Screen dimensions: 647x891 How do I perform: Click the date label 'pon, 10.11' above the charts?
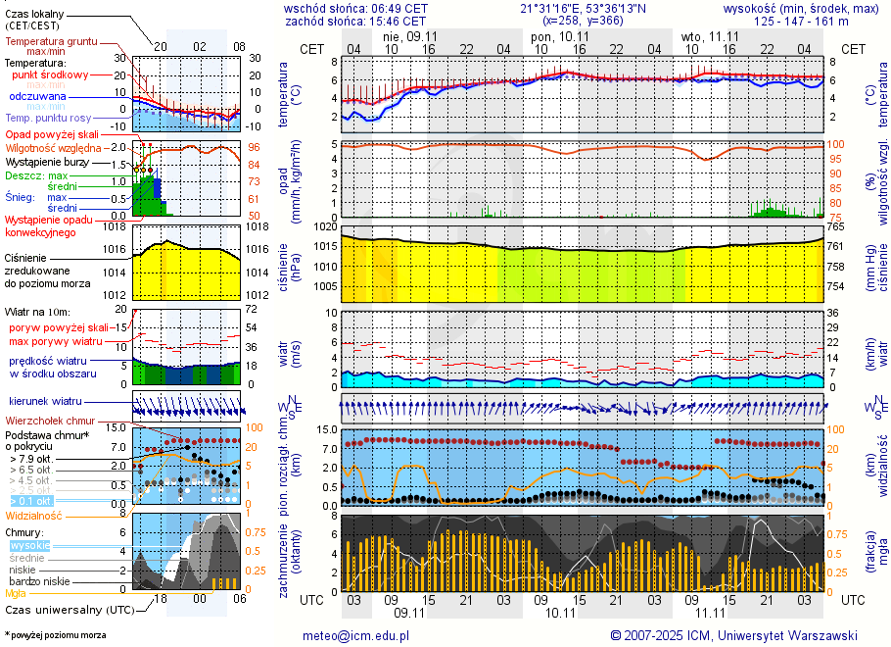pyautogui.click(x=554, y=35)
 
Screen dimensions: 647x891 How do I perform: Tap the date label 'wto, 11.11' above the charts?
pyautogui.click(x=710, y=35)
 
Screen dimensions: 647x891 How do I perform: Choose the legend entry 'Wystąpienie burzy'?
pyautogui.click(x=45, y=160)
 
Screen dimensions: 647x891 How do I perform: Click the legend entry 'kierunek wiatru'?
pyautogui.click(x=45, y=402)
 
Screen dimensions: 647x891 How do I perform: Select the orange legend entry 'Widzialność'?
pyautogui.click(x=34, y=515)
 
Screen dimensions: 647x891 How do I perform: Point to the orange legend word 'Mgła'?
pyautogui.click(x=16, y=593)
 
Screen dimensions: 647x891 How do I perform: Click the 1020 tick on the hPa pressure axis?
pyautogui.click(x=326, y=226)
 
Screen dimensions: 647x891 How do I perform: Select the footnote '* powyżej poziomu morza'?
pyautogui.click(x=55, y=635)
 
